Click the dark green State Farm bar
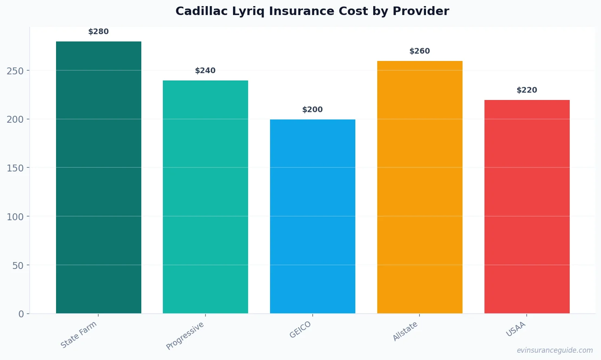click(x=99, y=177)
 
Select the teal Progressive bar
click(x=205, y=197)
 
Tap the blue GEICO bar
click(x=313, y=216)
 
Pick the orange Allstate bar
click(x=419, y=187)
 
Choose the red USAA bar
click(x=527, y=206)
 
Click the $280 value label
click(x=99, y=32)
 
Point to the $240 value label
click(x=205, y=71)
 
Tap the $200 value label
click(x=313, y=110)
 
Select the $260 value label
click(x=419, y=51)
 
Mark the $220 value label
click(x=527, y=90)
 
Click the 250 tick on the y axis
click(x=15, y=71)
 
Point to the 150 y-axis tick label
click(x=15, y=168)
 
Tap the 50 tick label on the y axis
click(x=18, y=265)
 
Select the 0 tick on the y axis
click(x=21, y=314)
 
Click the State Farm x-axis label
click(x=79, y=334)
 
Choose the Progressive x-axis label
click(x=185, y=336)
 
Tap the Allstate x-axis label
click(x=405, y=331)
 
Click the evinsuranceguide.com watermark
click(x=555, y=350)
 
